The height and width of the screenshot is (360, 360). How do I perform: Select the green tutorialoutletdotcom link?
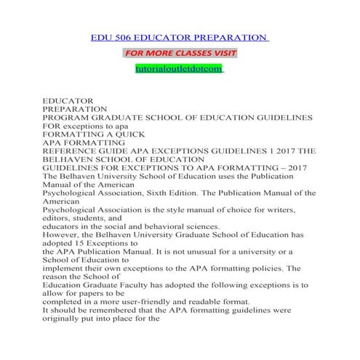pyautogui.click(x=180, y=68)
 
